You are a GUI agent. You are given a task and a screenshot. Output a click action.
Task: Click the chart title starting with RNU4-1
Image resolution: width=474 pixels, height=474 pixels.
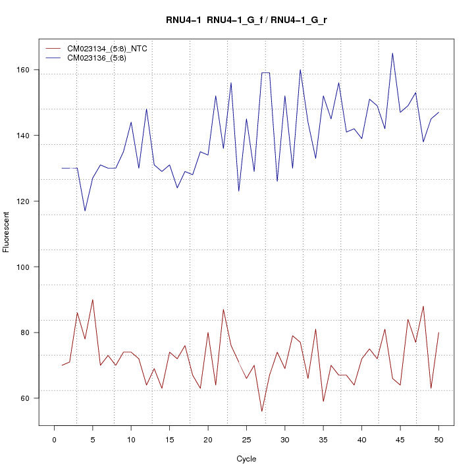pyautogui.click(x=246, y=20)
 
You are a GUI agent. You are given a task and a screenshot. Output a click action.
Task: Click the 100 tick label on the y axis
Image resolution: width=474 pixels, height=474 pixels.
pyautogui.click(x=25, y=267)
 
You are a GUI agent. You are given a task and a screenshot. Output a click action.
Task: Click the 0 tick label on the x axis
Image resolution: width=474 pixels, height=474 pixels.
pyautogui.click(x=54, y=439)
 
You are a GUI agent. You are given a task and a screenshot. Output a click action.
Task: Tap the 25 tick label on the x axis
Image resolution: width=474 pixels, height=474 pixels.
pyautogui.click(x=246, y=439)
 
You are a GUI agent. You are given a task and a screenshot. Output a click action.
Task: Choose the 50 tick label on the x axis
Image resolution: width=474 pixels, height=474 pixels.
pyautogui.click(x=438, y=439)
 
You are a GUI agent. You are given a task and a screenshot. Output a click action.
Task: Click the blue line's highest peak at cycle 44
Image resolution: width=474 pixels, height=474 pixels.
pyautogui.click(x=392, y=53)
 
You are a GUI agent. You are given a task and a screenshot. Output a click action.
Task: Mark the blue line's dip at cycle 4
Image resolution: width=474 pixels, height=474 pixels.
pyautogui.click(x=85, y=211)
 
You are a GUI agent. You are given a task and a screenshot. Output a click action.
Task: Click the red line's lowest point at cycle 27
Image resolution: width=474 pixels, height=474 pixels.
pyautogui.click(x=261, y=411)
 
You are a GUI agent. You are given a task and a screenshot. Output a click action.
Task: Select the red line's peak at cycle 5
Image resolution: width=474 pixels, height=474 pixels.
pyautogui.click(x=93, y=300)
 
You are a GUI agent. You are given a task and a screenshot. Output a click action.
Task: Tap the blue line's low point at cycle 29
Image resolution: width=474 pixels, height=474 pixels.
pyautogui.click(x=277, y=181)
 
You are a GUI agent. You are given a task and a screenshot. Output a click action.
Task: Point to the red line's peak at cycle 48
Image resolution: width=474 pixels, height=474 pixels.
pyautogui.click(x=423, y=306)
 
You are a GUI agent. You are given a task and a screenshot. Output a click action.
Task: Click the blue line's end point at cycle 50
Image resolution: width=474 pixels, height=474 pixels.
pyautogui.click(x=438, y=113)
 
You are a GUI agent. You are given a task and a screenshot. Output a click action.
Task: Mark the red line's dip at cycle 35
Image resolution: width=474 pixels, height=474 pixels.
pyautogui.click(x=323, y=402)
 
